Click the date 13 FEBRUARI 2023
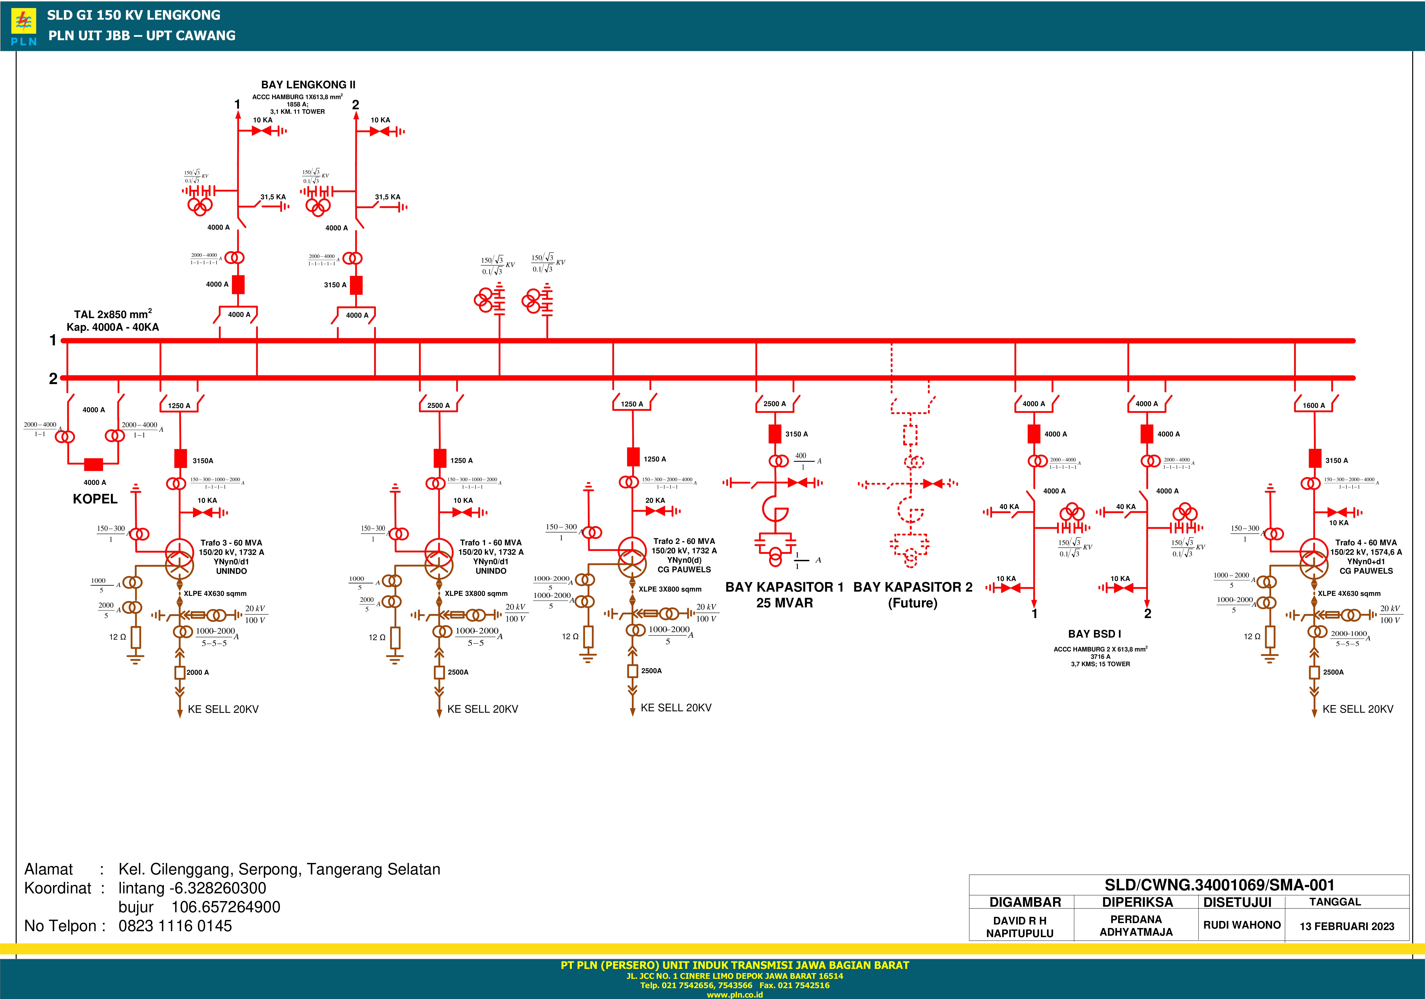click(1347, 926)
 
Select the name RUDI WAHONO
click(1242, 925)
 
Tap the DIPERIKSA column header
click(1137, 902)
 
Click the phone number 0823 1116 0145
click(175, 926)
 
